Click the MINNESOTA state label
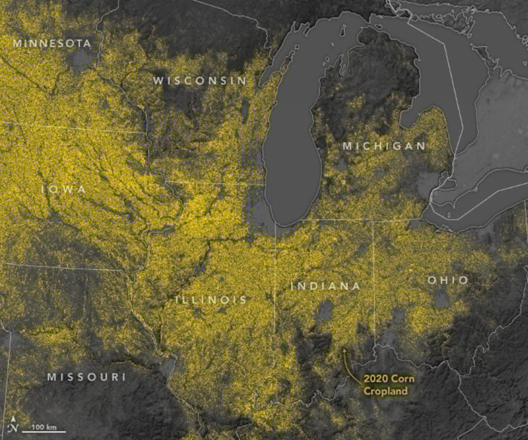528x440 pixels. click(x=52, y=43)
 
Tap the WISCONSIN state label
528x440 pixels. click(x=199, y=80)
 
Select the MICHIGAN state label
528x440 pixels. click(x=384, y=145)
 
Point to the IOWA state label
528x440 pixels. click(x=63, y=188)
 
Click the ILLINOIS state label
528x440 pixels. click(x=211, y=300)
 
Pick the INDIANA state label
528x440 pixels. click(x=325, y=286)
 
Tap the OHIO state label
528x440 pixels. click(x=448, y=280)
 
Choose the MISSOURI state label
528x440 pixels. click(x=86, y=377)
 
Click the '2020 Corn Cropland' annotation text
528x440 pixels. click(x=385, y=385)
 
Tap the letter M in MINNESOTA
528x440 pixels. click(x=17, y=43)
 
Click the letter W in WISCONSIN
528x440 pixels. click(x=158, y=80)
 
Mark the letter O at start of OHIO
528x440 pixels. click(x=432, y=280)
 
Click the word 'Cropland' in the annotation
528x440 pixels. click(x=385, y=391)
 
